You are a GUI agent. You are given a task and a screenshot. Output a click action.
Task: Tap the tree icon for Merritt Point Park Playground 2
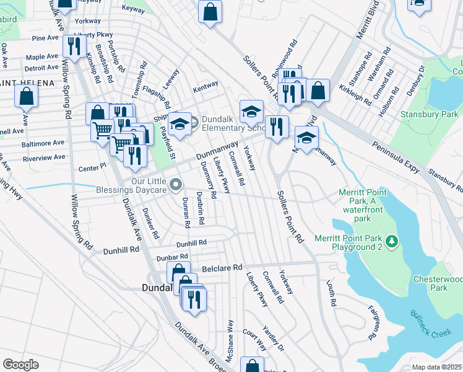point(391,241)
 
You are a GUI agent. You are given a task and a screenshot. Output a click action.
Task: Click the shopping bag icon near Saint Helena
point(27,96)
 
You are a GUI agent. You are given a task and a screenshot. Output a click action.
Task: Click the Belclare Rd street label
point(221,268)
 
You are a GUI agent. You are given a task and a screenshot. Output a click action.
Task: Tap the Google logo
point(20,364)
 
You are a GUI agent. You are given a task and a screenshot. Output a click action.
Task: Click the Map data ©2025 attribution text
point(437,367)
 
